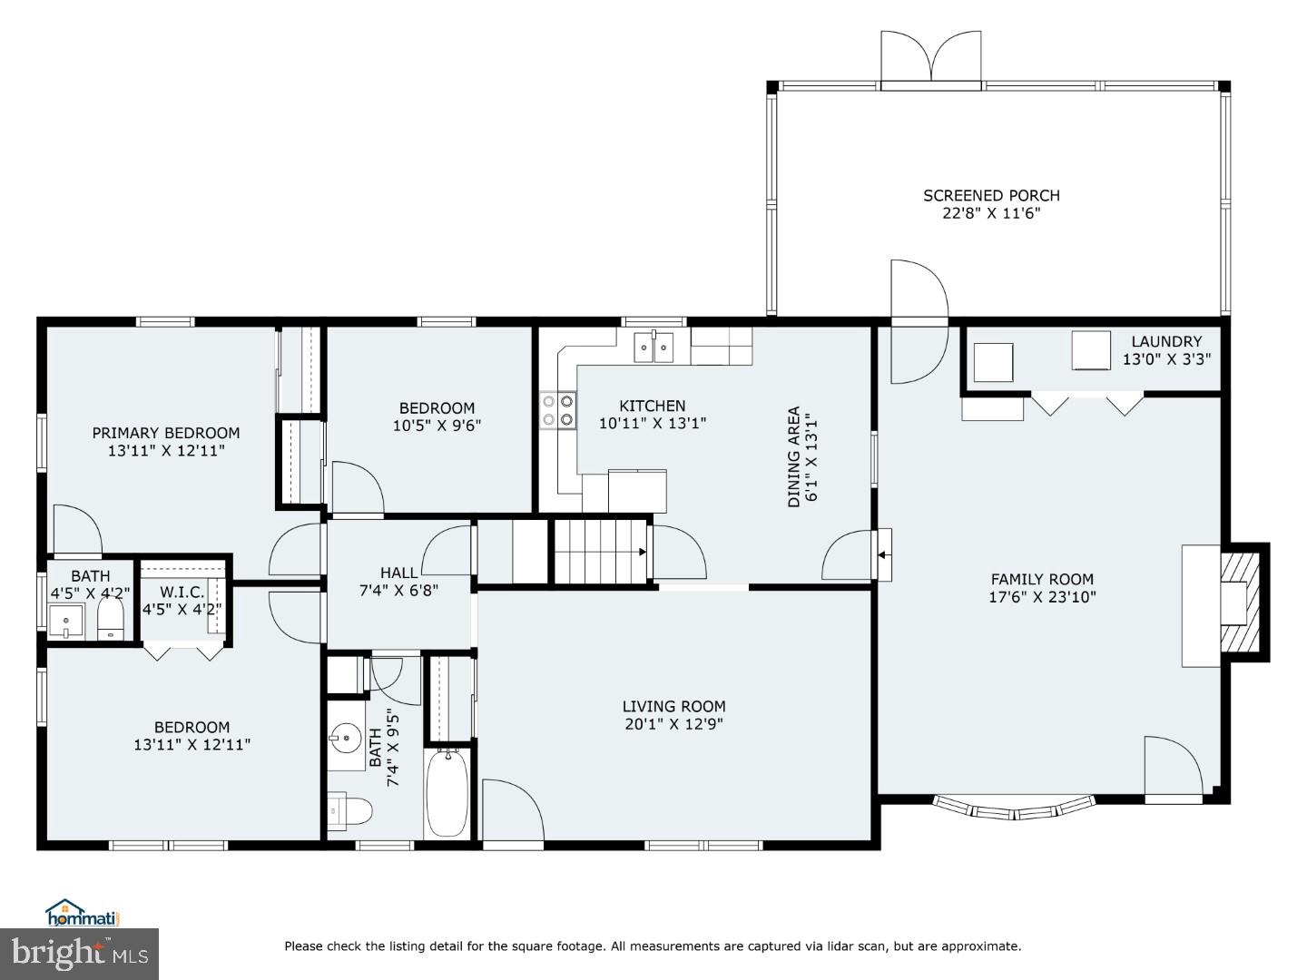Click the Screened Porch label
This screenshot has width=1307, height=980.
(991, 195)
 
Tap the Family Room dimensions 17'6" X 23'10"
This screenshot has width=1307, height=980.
(1042, 597)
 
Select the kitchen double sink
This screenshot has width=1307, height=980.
(654, 347)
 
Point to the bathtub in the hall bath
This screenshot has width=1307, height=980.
(447, 792)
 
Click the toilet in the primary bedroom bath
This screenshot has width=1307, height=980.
(111, 619)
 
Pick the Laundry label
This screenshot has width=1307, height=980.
(1166, 341)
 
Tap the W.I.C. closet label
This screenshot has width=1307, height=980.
(182, 592)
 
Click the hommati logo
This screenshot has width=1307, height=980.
(83, 912)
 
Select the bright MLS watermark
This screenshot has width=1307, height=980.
(80, 954)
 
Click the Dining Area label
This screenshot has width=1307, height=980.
(794, 456)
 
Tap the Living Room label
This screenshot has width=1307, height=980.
(673, 706)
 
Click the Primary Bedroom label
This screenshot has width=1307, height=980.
(166, 433)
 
